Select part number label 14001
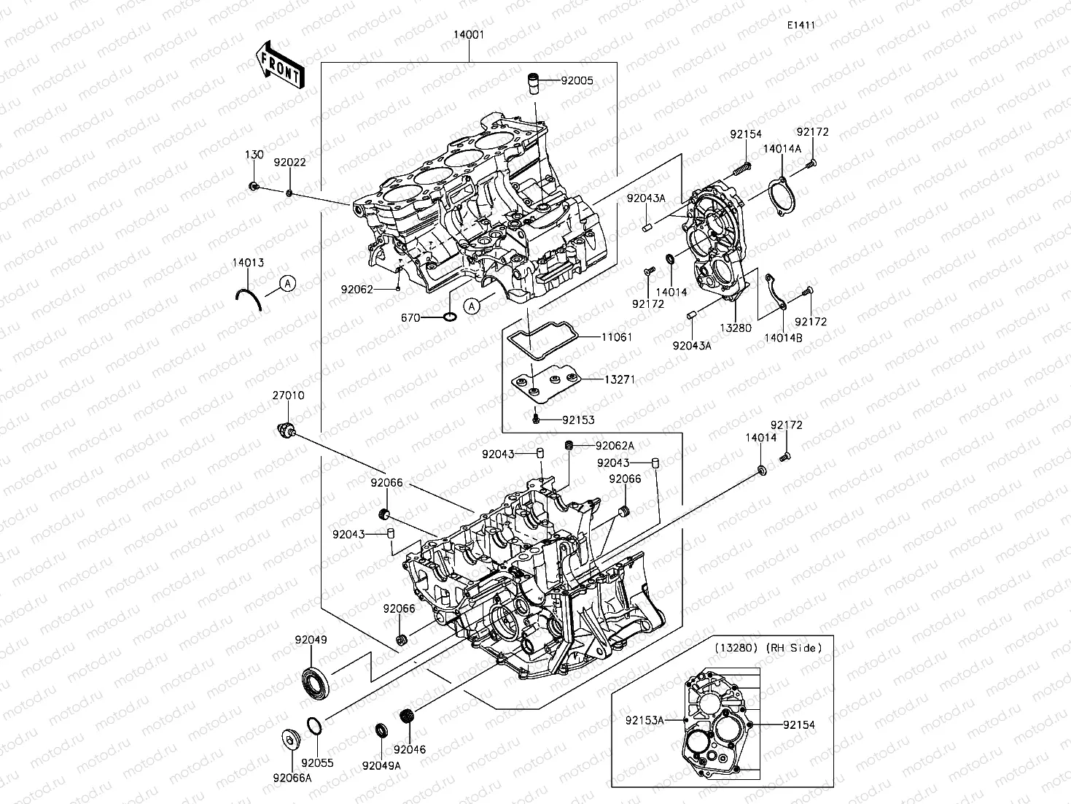[468, 35]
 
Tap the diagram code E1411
[800, 25]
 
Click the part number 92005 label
[577, 81]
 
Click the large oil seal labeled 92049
[316, 681]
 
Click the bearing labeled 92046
[408, 717]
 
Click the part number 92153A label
[644, 721]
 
